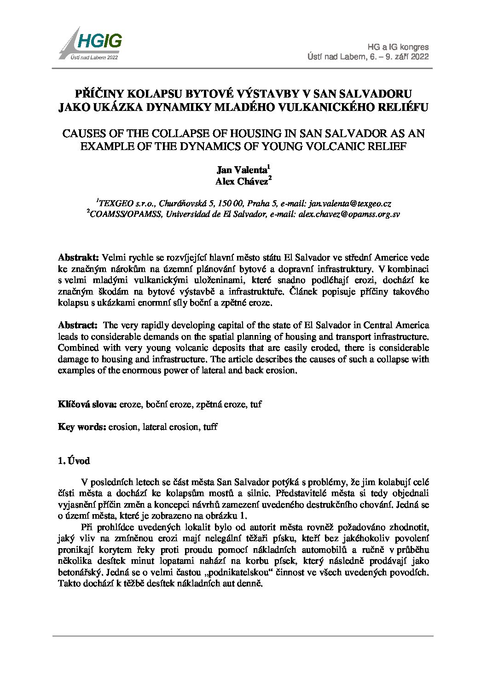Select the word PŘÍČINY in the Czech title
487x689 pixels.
pos(99,94)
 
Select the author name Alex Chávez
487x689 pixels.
pos(242,181)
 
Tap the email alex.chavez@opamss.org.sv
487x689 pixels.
pos(349,214)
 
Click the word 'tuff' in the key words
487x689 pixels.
pos(210,427)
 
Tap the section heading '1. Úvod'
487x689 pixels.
pos(74,461)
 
